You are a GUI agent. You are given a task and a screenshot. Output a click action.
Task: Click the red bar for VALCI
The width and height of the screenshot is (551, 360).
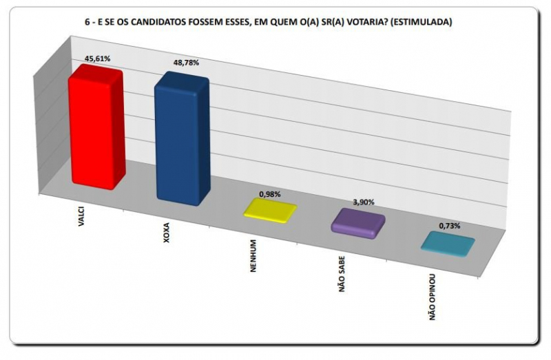(95, 129)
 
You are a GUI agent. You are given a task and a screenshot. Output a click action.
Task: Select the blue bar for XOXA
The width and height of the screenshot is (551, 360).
(181, 138)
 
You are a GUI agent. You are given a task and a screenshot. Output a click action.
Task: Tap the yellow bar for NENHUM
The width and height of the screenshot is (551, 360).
(270, 209)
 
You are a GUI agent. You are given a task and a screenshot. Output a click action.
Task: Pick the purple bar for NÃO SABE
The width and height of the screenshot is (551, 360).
(357, 223)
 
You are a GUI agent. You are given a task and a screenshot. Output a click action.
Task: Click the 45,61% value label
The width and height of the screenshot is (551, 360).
(95, 59)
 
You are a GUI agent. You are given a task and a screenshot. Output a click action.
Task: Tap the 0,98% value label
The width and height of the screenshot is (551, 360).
(269, 193)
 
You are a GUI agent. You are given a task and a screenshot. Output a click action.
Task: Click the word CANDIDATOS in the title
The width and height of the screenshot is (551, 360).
(171, 22)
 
